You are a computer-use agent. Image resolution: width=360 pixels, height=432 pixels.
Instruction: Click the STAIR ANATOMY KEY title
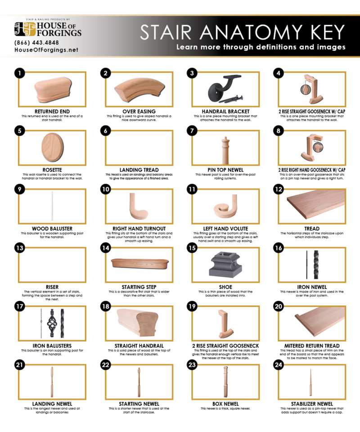click(242, 32)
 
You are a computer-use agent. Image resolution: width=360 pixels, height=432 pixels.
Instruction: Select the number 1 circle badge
click(18, 73)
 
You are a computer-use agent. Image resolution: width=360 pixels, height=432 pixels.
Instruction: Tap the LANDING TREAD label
click(139, 170)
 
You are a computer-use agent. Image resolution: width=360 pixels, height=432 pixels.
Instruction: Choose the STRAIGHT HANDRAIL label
click(139, 346)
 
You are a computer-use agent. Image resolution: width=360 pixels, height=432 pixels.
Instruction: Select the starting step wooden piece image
click(139, 263)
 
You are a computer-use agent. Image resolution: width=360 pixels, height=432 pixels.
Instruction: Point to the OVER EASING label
click(139, 111)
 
